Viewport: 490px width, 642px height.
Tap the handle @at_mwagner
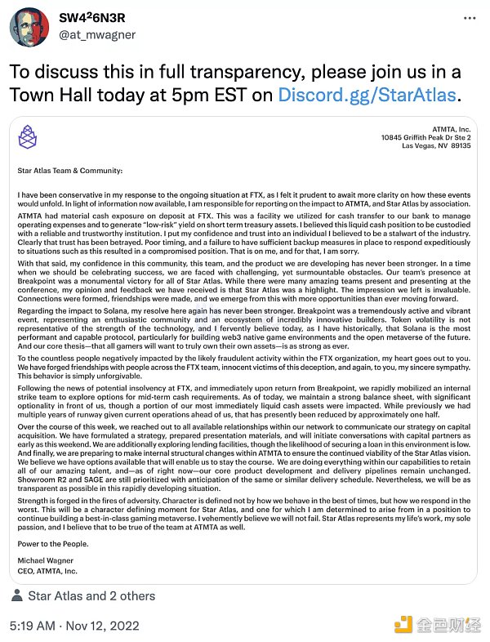click(x=96, y=36)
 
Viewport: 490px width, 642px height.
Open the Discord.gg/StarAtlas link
click(x=368, y=95)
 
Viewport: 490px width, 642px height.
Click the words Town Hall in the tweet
click(x=47, y=95)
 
